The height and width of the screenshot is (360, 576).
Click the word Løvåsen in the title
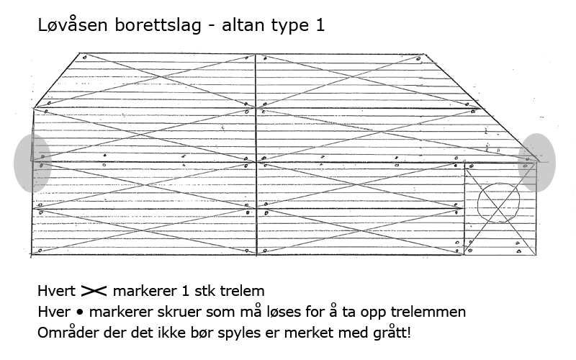pyautogui.click(x=73, y=24)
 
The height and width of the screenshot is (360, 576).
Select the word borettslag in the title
pyautogui.click(x=158, y=24)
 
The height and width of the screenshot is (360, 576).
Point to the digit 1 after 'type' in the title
pyautogui.click(x=320, y=25)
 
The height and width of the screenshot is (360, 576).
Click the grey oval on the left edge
pyautogui.click(x=32, y=163)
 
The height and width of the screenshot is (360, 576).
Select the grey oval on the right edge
pyautogui.click(x=536, y=162)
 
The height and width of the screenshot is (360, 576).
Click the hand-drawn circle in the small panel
pyautogui.click(x=478, y=203)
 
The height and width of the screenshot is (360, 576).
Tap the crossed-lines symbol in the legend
pyautogui.click(x=94, y=291)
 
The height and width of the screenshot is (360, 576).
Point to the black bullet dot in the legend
pyautogui.click(x=80, y=312)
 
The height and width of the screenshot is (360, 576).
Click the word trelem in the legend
pyautogui.click(x=242, y=291)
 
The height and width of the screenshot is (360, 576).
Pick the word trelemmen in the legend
pyautogui.click(x=428, y=312)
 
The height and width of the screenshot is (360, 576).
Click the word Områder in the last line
pyautogui.click(x=68, y=333)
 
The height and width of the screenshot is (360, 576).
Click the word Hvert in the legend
pyautogui.click(x=56, y=291)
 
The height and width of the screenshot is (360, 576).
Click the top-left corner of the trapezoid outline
pyautogui.click(x=80, y=53)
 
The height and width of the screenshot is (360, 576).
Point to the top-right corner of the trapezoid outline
pyautogui.click(x=424, y=55)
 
